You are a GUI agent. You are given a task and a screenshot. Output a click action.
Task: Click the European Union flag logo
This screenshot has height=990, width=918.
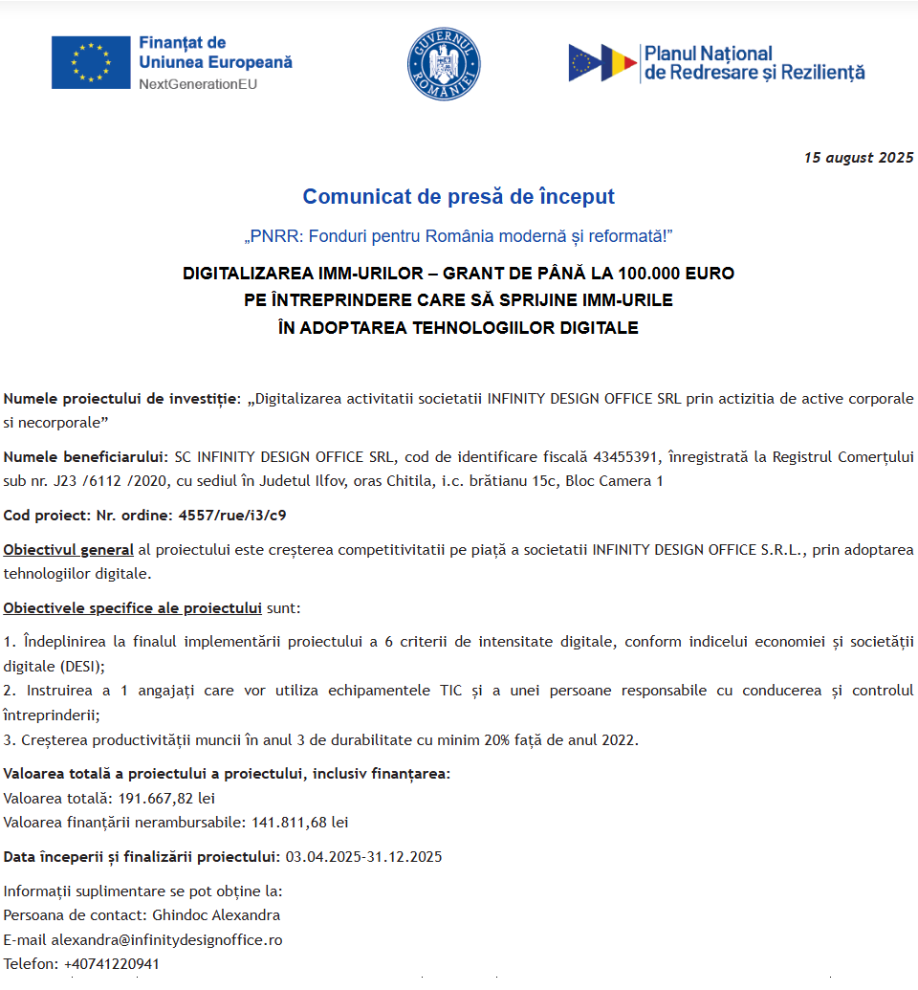(91, 62)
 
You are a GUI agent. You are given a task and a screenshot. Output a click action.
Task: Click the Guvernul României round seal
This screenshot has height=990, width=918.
(444, 63)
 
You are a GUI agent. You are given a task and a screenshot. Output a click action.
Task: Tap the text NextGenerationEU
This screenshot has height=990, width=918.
(198, 84)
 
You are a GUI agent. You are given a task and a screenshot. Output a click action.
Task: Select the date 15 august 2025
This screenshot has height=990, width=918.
(858, 158)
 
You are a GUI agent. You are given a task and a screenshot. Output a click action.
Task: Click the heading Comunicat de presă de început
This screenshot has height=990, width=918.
(458, 197)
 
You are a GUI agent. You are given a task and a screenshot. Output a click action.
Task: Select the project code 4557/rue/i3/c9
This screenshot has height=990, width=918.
(231, 515)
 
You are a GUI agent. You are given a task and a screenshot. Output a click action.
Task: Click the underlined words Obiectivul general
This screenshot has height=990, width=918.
(69, 549)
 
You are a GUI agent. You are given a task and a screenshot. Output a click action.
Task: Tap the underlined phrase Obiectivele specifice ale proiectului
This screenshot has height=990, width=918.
(133, 608)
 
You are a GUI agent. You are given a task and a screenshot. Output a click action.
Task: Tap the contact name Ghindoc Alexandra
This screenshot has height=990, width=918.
(216, 915)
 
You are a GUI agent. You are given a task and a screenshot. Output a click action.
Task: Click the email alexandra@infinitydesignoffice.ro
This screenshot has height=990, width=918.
(166, 939)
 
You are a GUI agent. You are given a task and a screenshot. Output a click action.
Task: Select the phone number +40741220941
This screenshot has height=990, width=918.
(112, 963)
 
